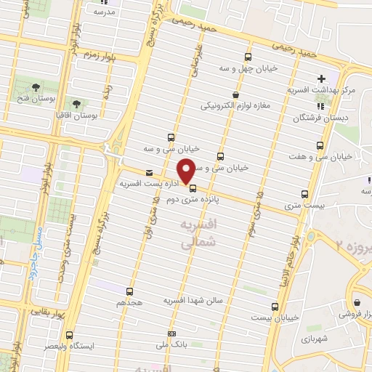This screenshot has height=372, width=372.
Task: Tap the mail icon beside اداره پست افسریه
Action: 149,173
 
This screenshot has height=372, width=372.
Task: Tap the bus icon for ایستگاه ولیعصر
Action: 69,336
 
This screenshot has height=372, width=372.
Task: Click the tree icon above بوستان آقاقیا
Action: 76,104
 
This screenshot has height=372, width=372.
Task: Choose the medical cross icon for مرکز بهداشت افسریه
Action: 321,78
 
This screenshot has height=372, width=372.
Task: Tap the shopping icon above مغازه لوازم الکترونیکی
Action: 235,94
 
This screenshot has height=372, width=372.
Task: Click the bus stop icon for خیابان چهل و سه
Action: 248,57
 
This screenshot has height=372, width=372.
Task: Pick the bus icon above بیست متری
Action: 304,193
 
